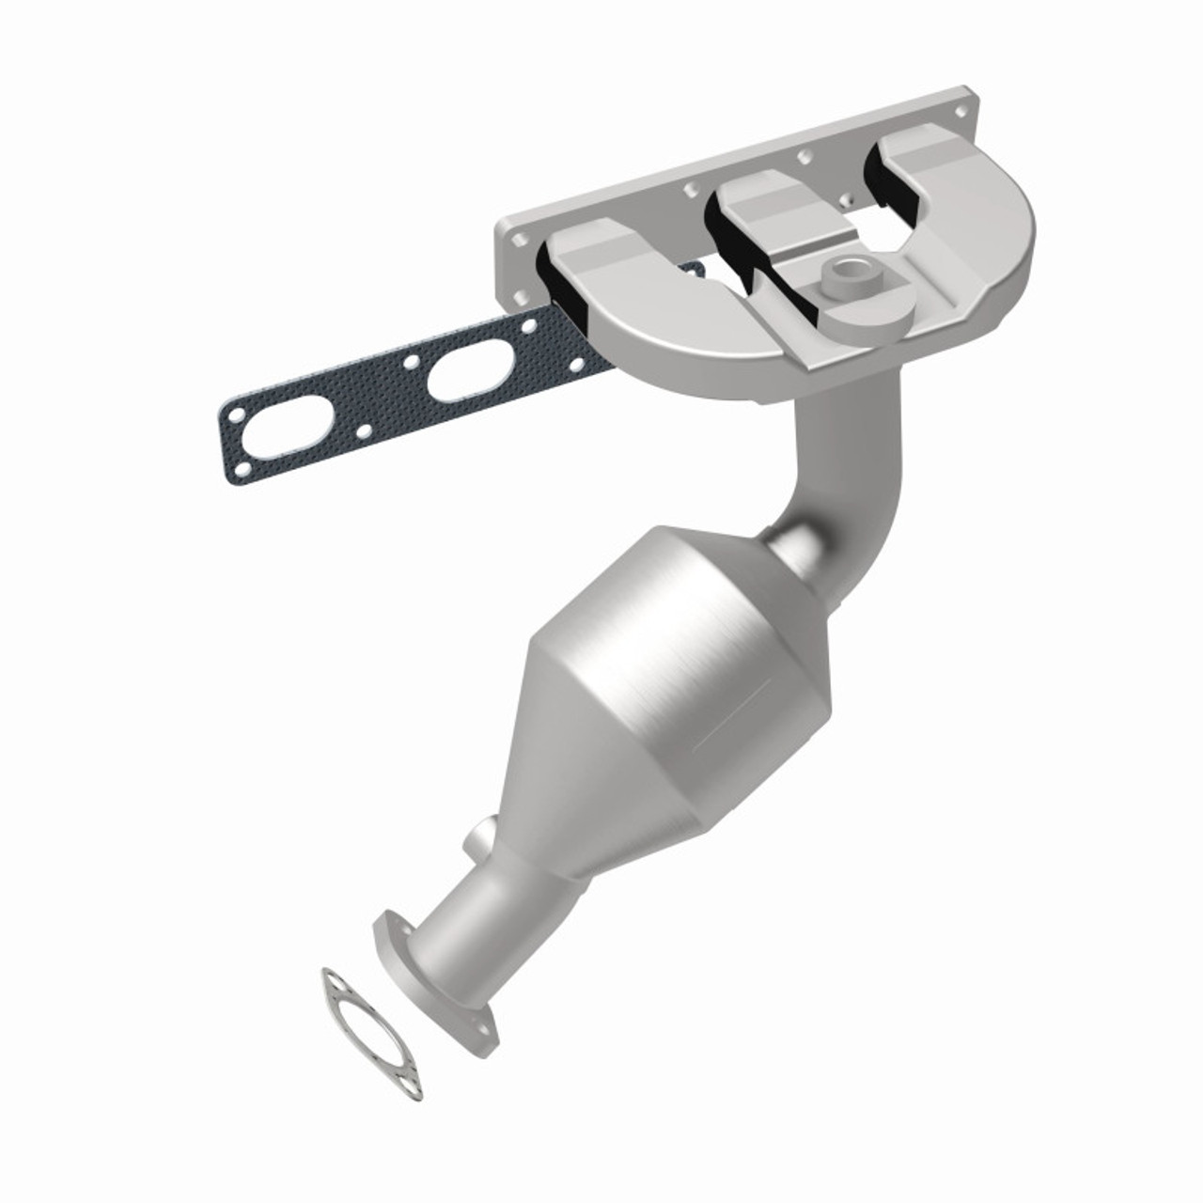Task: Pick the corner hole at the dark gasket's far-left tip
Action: click(232, 412)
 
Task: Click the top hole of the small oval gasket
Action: click(331, 978)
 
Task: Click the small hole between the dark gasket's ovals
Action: click(410, 361)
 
